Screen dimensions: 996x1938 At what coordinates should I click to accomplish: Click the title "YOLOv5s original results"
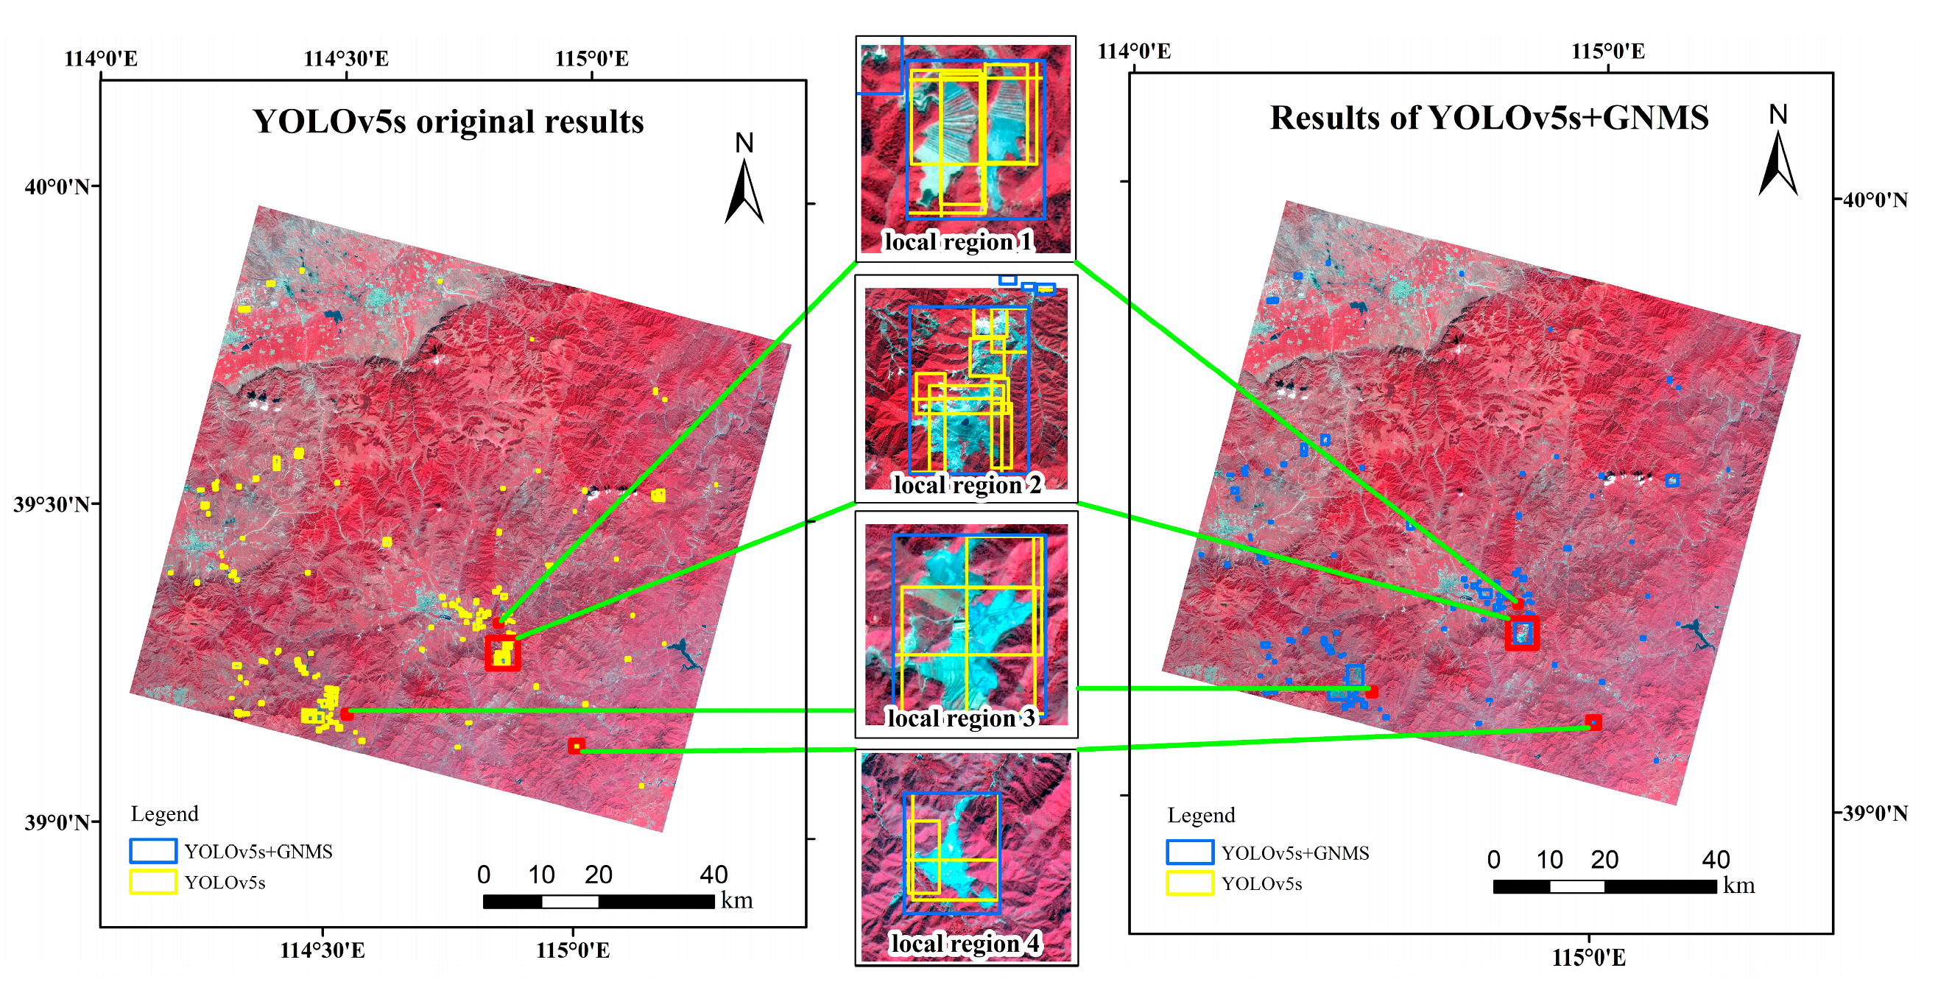pos(448,122)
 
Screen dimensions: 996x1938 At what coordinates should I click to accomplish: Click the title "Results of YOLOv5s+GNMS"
pos(1489,118)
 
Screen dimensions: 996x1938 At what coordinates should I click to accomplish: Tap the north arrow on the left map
pos(744,180)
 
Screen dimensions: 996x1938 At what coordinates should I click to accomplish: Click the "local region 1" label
pos(958,241)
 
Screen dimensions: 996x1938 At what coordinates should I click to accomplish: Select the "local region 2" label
pos(967,485)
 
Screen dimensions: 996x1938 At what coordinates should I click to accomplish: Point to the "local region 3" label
pos(961,718)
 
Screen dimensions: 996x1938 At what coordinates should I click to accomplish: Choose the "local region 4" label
pos(965,943)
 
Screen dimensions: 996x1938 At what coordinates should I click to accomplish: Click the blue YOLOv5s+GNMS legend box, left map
pos(152,851)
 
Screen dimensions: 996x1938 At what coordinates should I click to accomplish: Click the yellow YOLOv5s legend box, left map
pos(152,882)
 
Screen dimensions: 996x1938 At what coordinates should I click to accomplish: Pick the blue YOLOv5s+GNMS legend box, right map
pos(1189,852)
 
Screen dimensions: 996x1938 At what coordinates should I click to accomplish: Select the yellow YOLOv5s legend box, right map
pos(1189,883)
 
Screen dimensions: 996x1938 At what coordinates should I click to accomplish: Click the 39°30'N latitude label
pos(51,504)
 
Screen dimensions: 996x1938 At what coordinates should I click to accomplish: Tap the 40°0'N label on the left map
pos(57,186)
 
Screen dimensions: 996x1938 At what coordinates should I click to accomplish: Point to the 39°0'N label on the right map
pos(1875,813)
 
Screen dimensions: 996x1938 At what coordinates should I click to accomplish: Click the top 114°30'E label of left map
pos(346,59)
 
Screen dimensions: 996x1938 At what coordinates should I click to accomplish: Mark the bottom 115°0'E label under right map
pos(1588,958)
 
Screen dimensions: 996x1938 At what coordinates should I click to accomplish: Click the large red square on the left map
pos(503,652)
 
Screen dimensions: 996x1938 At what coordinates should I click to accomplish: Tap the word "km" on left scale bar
pos(736,900)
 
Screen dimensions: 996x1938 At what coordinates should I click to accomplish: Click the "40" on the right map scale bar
pos(1716,859)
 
